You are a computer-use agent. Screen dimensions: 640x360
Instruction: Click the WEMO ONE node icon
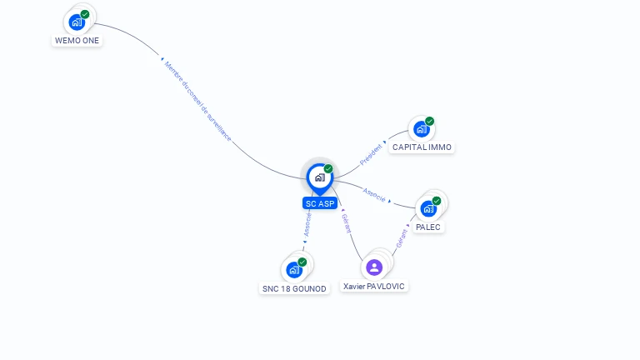click(77, 22)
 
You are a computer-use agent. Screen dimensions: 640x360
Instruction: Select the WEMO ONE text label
click(77, 40)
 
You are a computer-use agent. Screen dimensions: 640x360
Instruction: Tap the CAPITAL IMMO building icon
click(422, 129)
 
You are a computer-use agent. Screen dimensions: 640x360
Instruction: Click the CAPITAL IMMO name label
click(422, 147)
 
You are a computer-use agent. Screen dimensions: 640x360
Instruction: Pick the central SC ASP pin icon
click(319, 177)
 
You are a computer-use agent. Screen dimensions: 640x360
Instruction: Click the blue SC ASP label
click(320, 203)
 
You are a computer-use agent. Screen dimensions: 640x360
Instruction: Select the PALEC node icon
click(428, 208)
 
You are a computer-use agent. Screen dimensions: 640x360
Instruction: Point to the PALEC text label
click(428, 227)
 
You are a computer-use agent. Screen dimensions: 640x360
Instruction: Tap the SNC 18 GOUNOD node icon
click(293, 270)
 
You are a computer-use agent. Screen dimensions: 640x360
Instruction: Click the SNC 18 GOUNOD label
click(294, 288)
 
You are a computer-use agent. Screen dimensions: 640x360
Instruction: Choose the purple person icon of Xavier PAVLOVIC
click(374, 267)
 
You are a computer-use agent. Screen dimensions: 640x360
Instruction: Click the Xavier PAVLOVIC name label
click(374, 286)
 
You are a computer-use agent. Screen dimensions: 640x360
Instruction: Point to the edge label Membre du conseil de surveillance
click(197, 101)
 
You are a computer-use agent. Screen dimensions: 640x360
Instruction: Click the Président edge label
click(370, 153)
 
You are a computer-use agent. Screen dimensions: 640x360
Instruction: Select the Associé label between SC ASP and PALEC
click(374, 195)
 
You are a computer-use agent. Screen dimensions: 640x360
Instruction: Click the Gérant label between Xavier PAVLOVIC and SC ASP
click(346, 222)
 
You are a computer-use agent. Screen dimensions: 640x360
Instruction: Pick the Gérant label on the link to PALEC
click(402, 237)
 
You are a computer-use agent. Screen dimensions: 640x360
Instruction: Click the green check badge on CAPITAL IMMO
click(430, 121)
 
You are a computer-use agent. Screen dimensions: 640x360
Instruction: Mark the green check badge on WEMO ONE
click(85, 14)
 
